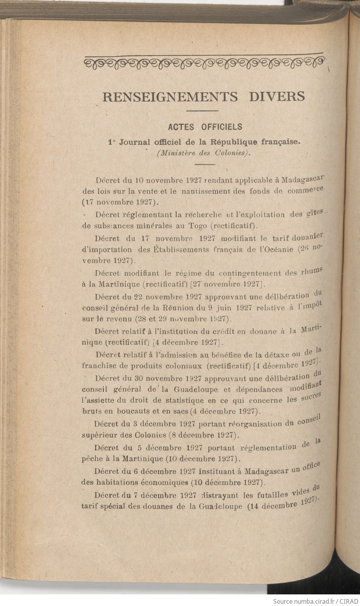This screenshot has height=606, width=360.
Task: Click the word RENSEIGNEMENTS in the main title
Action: click(170, 96)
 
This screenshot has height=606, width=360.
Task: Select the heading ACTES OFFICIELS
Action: click(205, 127)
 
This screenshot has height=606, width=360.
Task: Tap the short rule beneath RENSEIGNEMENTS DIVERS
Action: click(202, 111)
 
